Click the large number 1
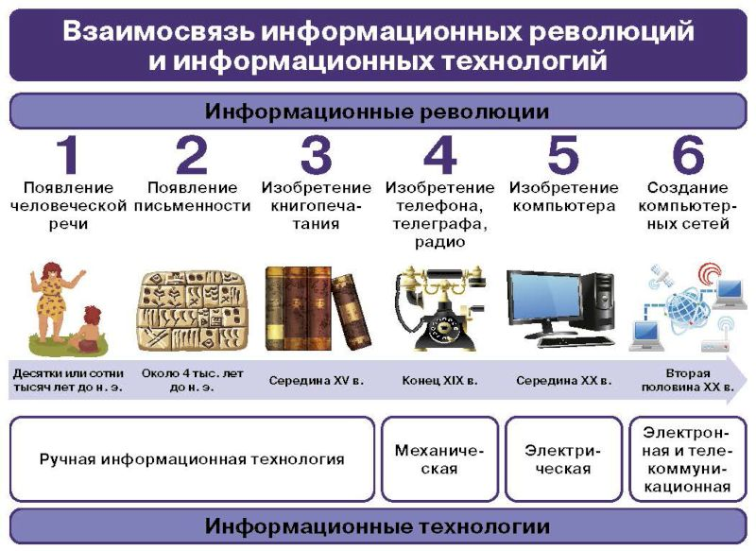[x=68, y=155]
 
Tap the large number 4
[x=439, y=155]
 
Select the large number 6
[x=688, y=155]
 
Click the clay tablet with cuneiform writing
[x=193, y=310]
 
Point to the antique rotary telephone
[x=438, y=307]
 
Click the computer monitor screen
[x=544, y=301]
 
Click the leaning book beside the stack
[x=351, y=311]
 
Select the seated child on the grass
[x=87, y=329]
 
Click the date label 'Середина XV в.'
[x=317, y=381]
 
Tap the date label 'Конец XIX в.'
[x=439, y=381]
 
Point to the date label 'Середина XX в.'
[x=563, y=381]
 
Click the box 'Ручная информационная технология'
[x=192, y=459]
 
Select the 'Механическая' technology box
[x=439, y=459]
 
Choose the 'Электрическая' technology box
[x=563, y=459]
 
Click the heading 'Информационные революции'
[x=378, y=112]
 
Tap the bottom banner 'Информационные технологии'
[x=378, y=525]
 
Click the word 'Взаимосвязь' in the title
[x=159, y=32]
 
